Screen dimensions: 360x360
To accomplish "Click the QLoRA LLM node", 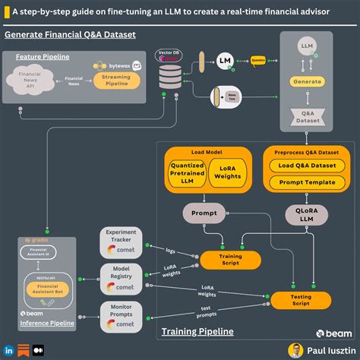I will [x=305, y=216].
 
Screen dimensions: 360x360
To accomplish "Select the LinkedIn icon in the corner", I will [x=8, y=351].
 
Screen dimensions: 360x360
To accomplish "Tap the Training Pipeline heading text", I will [x=197, y=331].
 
